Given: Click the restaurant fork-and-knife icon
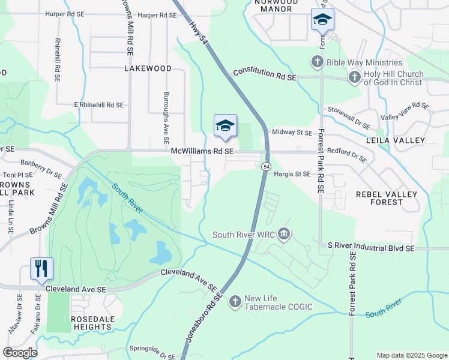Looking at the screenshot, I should pos(41,268).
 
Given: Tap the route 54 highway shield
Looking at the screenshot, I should pos(265,166).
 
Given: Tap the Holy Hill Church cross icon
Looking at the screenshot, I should pos(354,77).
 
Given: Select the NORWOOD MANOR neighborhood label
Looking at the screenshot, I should pos(276,5).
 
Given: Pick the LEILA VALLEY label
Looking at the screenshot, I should pos(399,140).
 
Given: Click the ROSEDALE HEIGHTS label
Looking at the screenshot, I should pos(91,323).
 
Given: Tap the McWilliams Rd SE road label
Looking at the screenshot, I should pos(202,152).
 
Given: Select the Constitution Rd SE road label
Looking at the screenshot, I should pos(265,74).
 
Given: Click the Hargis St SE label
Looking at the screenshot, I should pos(292,174).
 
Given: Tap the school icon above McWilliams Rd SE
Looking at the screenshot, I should pos(225,125).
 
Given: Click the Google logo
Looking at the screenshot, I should pos(20,353).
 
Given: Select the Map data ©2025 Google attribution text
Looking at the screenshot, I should pos(411,355).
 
